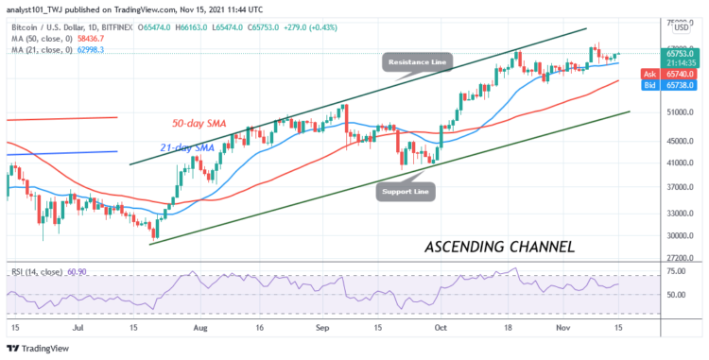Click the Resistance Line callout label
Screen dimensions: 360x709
pyautogui.click(x=418, y=62)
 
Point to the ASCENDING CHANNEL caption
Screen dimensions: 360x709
pyautogui.click(x=500, y=247)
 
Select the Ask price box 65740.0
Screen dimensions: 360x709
pyautogui.click(x=674, y=72)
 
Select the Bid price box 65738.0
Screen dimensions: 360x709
pyautogui.click(x=674, y=84)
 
